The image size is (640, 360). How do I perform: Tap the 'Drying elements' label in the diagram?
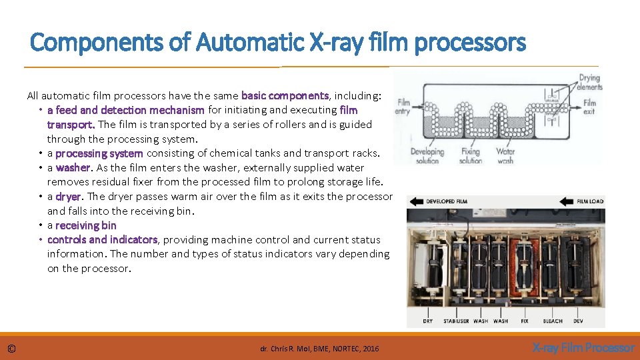[589, 83]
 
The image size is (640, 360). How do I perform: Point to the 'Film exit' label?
[589, 107]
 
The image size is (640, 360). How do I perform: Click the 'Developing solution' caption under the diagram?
[427, 156]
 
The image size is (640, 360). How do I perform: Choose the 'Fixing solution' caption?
[471, 156]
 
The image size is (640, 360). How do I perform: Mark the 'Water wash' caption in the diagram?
[505, 156]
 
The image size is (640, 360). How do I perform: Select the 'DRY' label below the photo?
[428, 321]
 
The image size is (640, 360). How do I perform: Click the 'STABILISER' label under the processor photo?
[455, 321]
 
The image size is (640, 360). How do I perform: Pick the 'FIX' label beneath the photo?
[525, 321]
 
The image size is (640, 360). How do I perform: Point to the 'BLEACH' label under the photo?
[553, 321]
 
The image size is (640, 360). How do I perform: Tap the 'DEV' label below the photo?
[578, 321]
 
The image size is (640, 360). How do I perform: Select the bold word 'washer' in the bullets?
[73, 167]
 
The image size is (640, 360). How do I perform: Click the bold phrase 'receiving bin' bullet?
[85, 225]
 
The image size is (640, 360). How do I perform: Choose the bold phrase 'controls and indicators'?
[102, 239]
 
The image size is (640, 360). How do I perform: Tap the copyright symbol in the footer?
[11, 348]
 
